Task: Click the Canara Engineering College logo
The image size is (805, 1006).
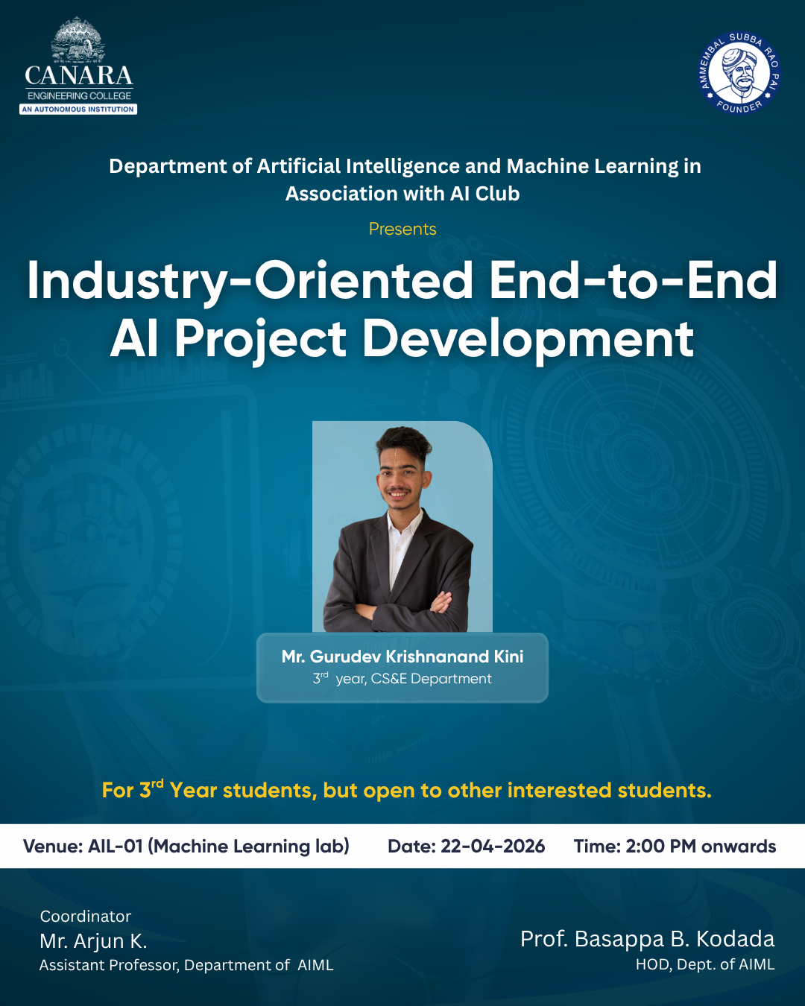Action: click(x=78, y=66)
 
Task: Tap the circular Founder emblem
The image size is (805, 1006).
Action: click(x=739, y=72)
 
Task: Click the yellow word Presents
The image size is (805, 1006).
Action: click(x=402, y=229)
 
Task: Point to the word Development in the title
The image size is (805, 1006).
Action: click(x=528, y=340)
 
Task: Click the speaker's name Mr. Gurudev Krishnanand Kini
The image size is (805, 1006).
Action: click(x=402, y=657)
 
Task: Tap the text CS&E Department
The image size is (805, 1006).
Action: click(x=432, y=679)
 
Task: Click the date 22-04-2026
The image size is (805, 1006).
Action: click(x=493, y=847)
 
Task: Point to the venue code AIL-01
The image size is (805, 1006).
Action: click(x=115, y=847)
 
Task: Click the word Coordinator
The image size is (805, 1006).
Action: click(x=86, y=917)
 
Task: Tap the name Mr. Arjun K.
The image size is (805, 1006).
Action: click(x=93, y=941)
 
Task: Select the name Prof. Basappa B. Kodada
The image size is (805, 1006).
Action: click(x=648, y=939)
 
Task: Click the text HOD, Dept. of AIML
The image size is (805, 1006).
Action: click(x=705, y=964)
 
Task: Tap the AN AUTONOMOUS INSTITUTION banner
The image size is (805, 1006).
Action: click(x=78, y=110)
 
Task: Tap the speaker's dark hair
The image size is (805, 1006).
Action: click(x=403, y=444)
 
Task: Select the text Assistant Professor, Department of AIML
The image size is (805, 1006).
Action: click(x=186, y=965)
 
